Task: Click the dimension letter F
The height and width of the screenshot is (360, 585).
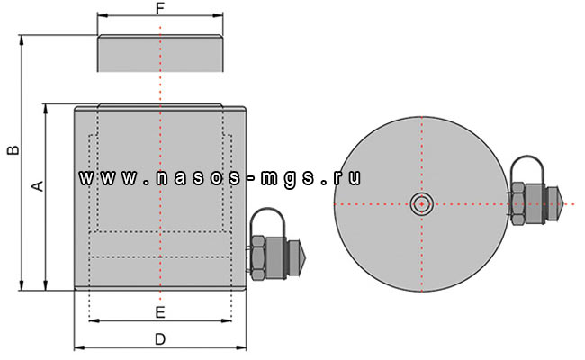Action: pos(159,8)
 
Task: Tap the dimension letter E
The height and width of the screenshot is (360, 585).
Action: pos(159,312)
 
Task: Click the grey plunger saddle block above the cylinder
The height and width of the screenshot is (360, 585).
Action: pos(159,54)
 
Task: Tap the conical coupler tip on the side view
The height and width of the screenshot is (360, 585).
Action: pos(302,258)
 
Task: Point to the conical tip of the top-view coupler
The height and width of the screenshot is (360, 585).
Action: pos(557,204)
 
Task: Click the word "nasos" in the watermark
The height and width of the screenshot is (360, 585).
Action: pos(188,177)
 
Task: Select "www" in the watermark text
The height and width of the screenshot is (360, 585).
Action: pos(99,177)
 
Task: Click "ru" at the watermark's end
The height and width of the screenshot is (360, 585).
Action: pos(350,177)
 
